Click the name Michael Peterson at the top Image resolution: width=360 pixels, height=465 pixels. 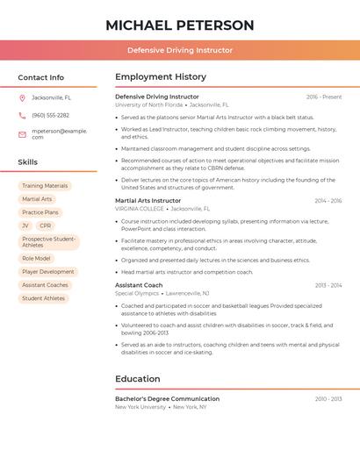[180, 25]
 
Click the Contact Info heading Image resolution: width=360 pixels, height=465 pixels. [41, 77]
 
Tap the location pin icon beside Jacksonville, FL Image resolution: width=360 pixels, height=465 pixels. [22, 97]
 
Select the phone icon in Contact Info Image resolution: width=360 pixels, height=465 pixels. [22, 115]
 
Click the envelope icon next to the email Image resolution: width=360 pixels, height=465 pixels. [22, 133]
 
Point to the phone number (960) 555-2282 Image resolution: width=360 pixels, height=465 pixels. [50, 115]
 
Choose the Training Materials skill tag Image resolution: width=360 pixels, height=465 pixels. [45, 186]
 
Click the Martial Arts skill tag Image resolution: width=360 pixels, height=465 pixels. [37, 199]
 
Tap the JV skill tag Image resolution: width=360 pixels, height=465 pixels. [25, 225]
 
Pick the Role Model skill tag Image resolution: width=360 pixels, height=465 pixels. [36, 259]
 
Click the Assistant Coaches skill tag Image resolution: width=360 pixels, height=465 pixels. [45, 285]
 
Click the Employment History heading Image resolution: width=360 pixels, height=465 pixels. [161, 77]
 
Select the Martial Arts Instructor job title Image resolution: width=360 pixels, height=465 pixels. [148, 201]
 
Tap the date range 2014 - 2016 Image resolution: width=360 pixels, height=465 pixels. [328, 201]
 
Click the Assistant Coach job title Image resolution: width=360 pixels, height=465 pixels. [139, 285]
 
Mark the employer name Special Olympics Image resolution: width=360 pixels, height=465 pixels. [137, 293]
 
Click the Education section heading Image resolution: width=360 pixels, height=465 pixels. [137, 379]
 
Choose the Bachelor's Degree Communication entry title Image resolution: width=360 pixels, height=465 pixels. [167, 398]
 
